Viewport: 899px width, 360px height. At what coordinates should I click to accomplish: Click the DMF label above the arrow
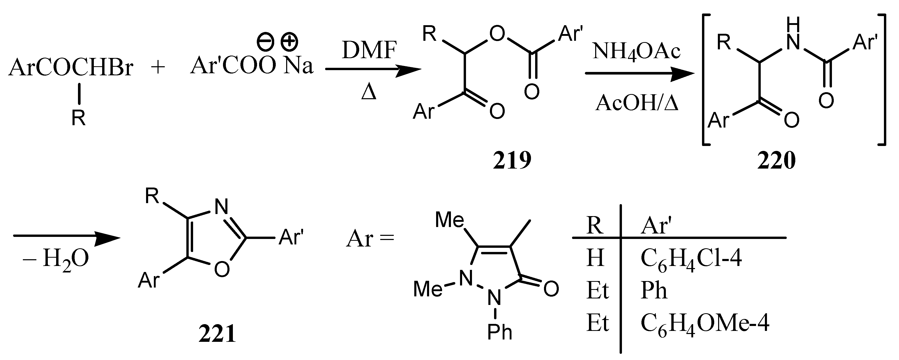[x=369, y=51]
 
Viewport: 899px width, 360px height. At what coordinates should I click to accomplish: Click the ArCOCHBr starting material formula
[x=71, y=67]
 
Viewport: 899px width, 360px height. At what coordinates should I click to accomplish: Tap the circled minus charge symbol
[x=264, y=42]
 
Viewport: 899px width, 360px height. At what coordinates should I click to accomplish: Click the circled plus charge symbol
[x=290, y=42]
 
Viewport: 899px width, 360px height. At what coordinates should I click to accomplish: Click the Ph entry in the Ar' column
[x=654, y=291]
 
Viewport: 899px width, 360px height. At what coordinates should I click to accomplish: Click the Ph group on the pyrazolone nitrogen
[x=500, y=332]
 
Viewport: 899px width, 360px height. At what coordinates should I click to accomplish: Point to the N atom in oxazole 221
[x=221, y=206]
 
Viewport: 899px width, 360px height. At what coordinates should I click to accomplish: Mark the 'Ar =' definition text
[x=370, y=240]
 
